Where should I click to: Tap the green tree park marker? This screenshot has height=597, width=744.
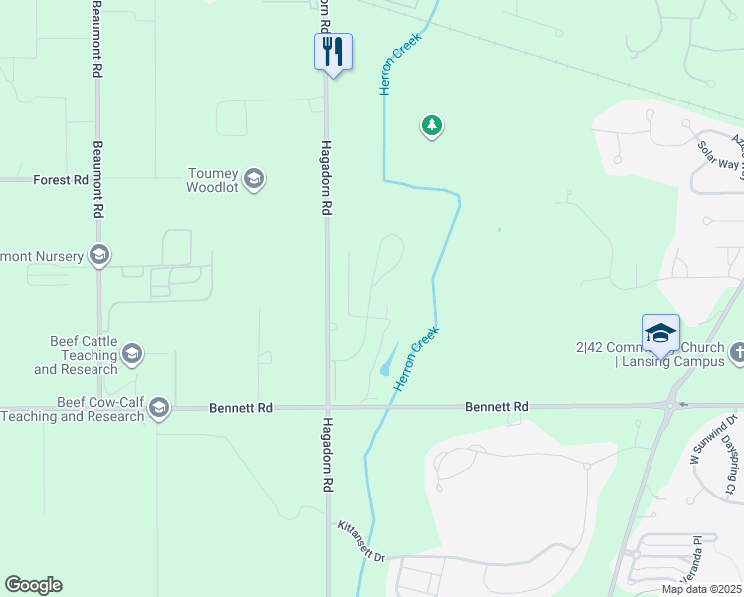pyautogui.click(x=431, y=125)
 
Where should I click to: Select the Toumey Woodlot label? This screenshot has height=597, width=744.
pyautogui.click(x=214, y=180)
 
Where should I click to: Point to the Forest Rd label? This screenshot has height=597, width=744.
pyautogui.click(x=60, y=180)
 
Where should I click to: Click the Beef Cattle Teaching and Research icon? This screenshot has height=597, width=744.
pyautogui.click(x=132, y=354)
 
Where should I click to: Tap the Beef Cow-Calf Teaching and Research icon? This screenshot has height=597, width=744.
pyautogui.click(x=158, y=408)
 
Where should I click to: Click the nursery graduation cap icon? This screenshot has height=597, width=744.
pyautogui.click(x=98, y=256)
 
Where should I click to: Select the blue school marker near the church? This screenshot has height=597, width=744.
pyautogui.click(x=661, y=333)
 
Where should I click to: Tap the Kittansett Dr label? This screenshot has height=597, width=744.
pyautogui.click(x=360, y=541)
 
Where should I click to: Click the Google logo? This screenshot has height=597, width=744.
pyautogui.click(x=33, y=585)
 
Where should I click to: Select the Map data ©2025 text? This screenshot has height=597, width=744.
pyautogui.click(x=700, y=589)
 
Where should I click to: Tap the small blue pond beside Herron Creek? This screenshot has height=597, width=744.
pyautogui.click(x=388, y=361)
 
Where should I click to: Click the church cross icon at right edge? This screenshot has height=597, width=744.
pyautogui.click(x=737, y=353)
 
